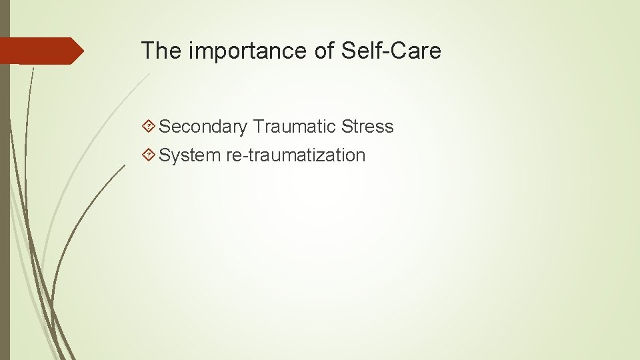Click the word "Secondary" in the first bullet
pos(203,127)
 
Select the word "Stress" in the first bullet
pos(367,126)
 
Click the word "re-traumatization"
pos(295,155)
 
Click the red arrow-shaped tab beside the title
pos(40,51)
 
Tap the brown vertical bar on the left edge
pos(5,200)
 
